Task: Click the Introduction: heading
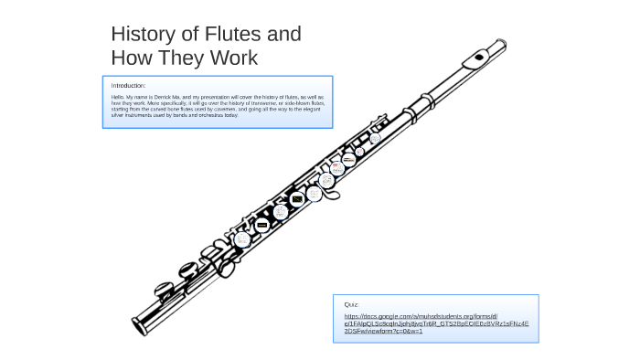128,86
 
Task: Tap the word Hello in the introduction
117,96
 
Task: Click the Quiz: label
352,304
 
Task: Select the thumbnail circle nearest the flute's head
375,139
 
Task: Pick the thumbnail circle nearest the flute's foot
242,239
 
